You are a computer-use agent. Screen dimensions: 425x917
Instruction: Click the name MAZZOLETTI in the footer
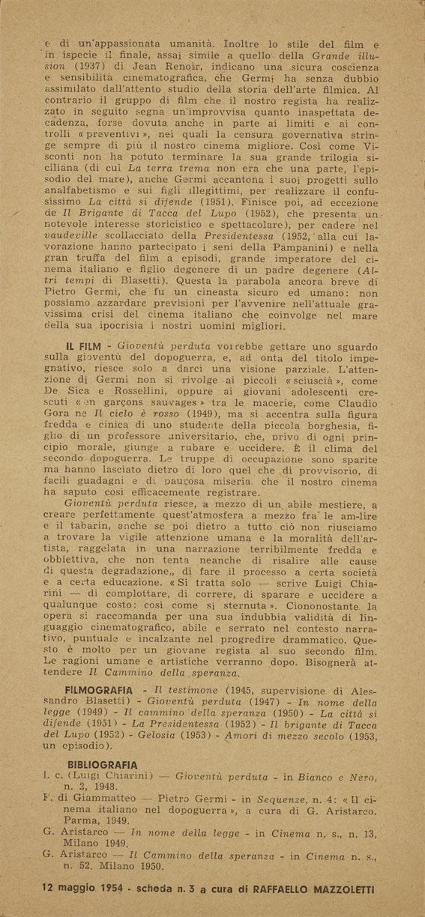341,888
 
